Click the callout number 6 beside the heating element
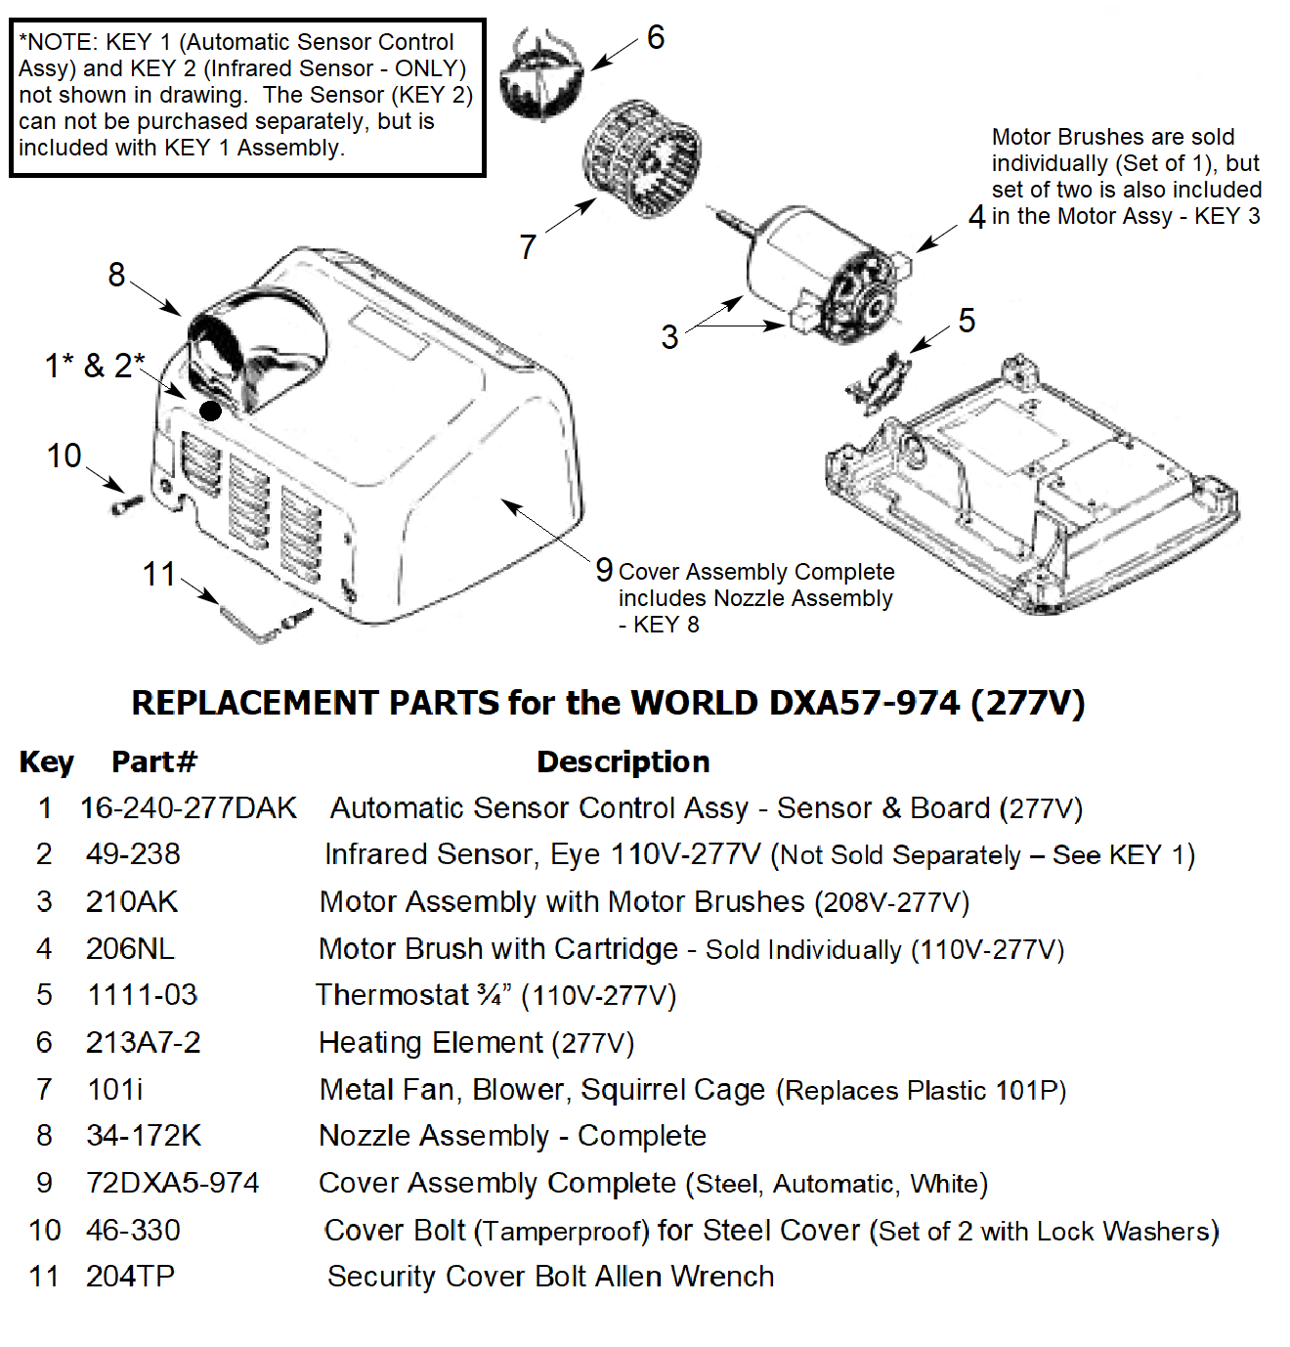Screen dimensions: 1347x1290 pyautogui.click(x=656, y=38)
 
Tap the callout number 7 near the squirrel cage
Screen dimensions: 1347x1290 pyautogui.click(x=528, y=246)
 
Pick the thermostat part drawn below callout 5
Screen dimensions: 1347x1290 pyautogui.click(x=880, y=382)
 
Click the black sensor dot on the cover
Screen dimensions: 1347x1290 pyautogui.click(x=211, y=411)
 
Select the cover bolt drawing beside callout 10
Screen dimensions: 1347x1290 pyautogui.click(x=127, y=505)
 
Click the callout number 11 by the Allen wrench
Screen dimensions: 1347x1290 pyautogui.click(x=159, y=574)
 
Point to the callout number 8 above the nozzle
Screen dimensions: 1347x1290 pyautogui.click(x=117, y=275)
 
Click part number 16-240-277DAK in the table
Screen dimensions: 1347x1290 pyautogui.click(x=189, y=808)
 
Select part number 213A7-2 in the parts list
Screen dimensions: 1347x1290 pyautogui.click(x=144, y=1043)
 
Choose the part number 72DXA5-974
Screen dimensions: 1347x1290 pyautogui.click(x=173, y=1183)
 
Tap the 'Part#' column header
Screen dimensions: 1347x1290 pyautogui.click(x=154, y=761)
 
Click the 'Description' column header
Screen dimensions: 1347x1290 pyautogui.click(x=623, y=761)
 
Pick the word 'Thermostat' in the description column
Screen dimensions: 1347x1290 pyautogui.click(x=392, y=995)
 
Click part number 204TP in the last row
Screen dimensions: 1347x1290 pyautogui.click(x=130, y=1277)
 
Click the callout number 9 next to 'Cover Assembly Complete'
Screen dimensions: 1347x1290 pyautogui.click(x=604, y=570)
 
